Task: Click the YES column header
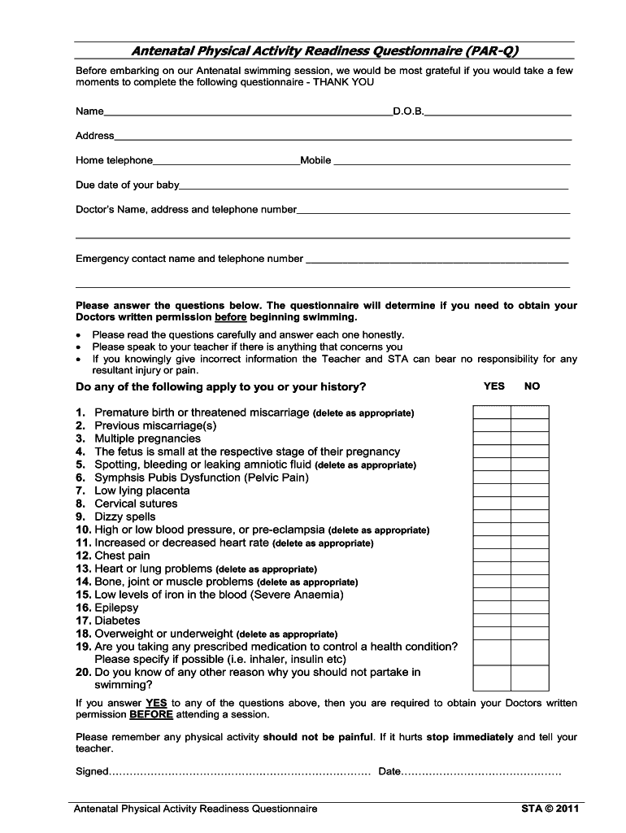point(493,386)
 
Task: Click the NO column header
point(532,386)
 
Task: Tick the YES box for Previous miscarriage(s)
point(492,425)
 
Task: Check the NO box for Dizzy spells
point(530,517)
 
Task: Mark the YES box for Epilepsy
point(492,608)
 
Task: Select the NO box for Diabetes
point(530,621)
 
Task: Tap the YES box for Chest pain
point(492,556)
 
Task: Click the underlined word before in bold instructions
point(230,317)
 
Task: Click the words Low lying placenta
point(142,491)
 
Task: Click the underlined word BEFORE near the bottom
point(151,715)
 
